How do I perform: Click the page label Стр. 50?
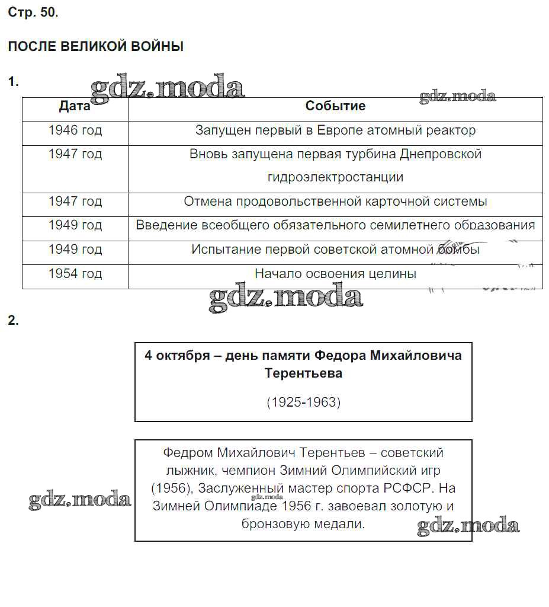[33, 12]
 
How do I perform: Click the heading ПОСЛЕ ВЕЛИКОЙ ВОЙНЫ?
[95, 46]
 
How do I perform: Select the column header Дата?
[75, 106]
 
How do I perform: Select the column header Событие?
[335, 106]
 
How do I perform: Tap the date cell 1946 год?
[75, 130]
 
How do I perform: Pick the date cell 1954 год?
[75, 274]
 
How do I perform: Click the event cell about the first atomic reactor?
[335, 130]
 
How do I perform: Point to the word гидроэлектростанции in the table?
[335, 177]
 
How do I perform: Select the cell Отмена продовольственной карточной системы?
[335, 202]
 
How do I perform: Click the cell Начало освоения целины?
[335, 274]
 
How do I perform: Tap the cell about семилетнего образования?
[335, 225]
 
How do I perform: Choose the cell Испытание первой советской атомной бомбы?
[335, 250]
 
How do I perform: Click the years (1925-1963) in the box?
[303, 402]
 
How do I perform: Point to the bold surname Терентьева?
[303, 373]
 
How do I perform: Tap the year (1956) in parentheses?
[171, 488]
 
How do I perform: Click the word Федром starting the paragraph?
[187, 453]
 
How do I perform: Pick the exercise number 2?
[13, 321]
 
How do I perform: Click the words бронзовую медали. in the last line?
[303, 524]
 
